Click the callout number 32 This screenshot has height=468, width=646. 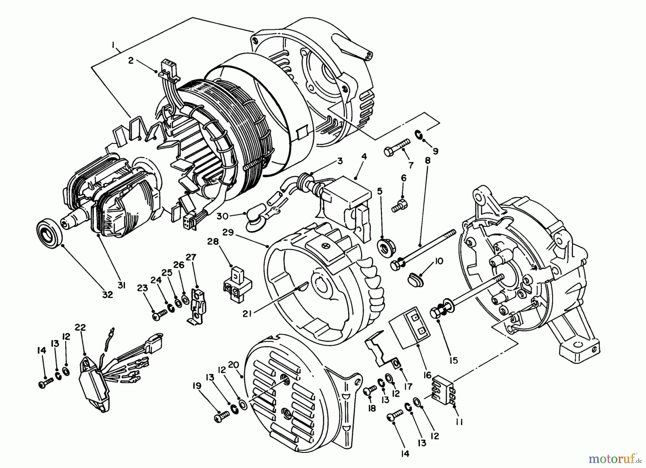[107, 295]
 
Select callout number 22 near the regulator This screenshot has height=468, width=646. [80, 327]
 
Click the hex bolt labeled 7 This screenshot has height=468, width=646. [394, 149]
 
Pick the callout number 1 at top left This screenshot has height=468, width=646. [113, 45]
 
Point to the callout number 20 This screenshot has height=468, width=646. [233, 365]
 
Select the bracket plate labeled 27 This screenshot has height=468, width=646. [196, 305]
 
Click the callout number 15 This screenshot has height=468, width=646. [453, 360]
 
